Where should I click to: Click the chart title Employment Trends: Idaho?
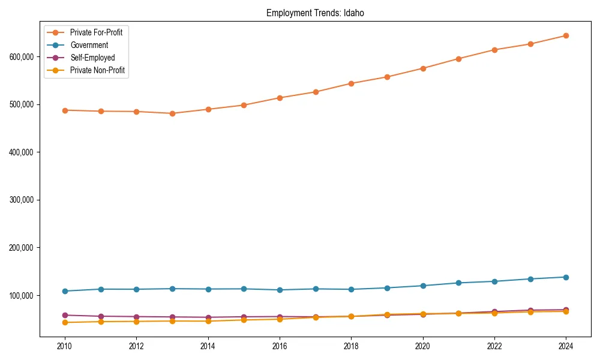point(315,13)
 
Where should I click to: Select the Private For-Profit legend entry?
point(96,32)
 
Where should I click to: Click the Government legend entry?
point(89,45)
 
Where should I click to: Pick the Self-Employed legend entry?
point(92,58)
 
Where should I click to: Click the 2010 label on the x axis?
point(65,346)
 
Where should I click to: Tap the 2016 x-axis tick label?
point(280,346)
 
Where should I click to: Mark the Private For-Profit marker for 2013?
point(172,113)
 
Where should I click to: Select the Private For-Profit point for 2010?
point(65,110)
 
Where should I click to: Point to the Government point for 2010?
point(65,291)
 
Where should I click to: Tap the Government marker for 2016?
point(280,290)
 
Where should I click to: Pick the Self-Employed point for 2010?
point(65,315)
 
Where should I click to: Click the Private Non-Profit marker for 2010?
point(65,323)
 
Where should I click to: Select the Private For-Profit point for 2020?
point(423,68)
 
